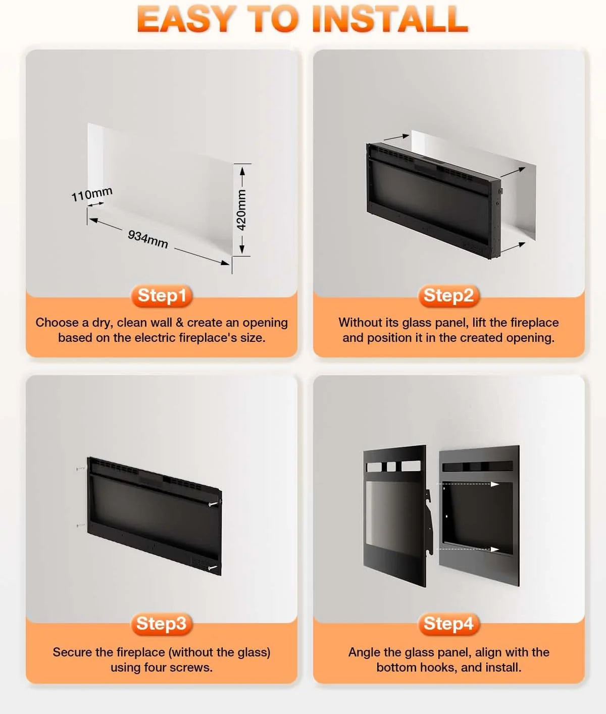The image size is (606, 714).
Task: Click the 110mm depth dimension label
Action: pos(92,194)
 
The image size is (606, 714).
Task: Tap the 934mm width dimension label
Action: pos(148,239)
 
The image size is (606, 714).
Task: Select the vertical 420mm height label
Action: pos(241,210)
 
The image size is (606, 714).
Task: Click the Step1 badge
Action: pos(162,296)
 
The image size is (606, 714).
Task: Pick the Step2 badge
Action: pos(448,296)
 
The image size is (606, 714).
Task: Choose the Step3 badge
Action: pos(162,624)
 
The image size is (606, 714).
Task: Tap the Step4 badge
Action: pos(448,624)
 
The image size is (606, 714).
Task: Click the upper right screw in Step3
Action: pos(214,504)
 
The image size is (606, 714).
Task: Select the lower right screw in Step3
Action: pos(213,568)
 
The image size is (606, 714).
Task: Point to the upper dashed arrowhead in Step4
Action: pos(495,484)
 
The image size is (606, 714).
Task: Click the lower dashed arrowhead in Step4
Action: pos(495,549)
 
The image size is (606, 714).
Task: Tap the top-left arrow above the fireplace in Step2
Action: pos(396,137)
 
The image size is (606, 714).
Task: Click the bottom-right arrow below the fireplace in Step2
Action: pos(513,247)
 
